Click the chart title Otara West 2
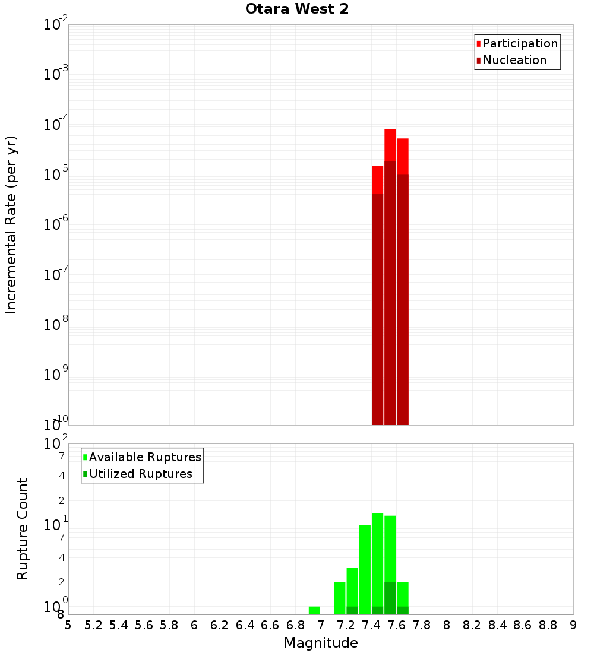click(297, 9)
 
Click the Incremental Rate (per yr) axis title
click(11, 224)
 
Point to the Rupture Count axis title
click(23, 529)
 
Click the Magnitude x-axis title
click(321, 643)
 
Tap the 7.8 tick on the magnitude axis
click(422, 625)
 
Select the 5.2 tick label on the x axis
click(93, 625)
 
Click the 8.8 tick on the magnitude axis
click(548, 625)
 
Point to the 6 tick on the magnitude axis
click(194, 625)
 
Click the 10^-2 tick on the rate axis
click(56, 25)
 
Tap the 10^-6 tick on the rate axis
click(56, 225)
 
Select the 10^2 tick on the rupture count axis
click(56, 444)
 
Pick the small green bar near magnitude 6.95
click(314, 610)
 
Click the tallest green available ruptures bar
click(377, 558)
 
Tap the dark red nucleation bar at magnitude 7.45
click(377, 309)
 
